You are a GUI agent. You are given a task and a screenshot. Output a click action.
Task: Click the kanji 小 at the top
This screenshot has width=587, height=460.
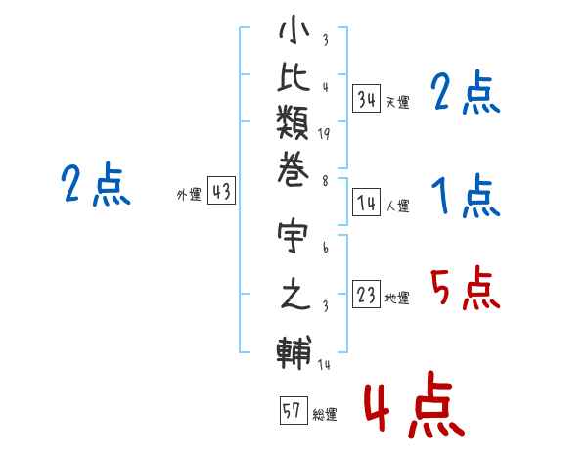click(293, 29)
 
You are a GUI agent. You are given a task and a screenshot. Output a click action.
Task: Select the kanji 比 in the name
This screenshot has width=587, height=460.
click(293, 76)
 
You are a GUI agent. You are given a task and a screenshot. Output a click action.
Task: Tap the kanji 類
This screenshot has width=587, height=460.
click(293, 122)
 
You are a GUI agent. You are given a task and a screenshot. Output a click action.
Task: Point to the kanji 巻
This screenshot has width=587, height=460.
click(293, 169)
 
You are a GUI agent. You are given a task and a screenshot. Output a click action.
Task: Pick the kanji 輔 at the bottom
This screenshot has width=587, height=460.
click(293, 352)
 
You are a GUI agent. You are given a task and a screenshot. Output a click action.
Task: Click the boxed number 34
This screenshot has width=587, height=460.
click(367, 98)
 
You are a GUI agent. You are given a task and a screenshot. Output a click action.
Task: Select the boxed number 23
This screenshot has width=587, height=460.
click(367, 294)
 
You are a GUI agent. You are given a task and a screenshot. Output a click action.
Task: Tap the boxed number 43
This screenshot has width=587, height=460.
click(222, 190)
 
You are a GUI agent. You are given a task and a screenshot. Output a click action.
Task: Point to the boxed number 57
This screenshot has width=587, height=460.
click(293, 410)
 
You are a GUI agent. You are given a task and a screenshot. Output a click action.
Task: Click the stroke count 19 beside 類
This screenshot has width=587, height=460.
click(324, 134)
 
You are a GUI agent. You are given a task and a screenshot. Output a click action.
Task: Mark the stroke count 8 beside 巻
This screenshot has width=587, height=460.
click(325, 181)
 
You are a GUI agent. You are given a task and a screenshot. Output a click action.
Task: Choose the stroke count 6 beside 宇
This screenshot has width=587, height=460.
click(326, 248)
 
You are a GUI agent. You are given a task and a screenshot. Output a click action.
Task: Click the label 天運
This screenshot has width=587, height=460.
click(398, 102)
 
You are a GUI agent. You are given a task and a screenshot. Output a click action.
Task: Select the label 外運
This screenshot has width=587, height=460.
click(189, 195)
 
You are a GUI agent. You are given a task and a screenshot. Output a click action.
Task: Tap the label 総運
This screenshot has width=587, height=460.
click(325, 415)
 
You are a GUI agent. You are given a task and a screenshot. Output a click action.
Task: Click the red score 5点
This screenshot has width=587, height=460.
click(465, 288)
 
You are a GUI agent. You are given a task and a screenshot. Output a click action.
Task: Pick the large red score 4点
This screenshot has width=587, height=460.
click(415, 404)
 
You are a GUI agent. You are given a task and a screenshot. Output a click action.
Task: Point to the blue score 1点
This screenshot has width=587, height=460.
click(466, 195)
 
